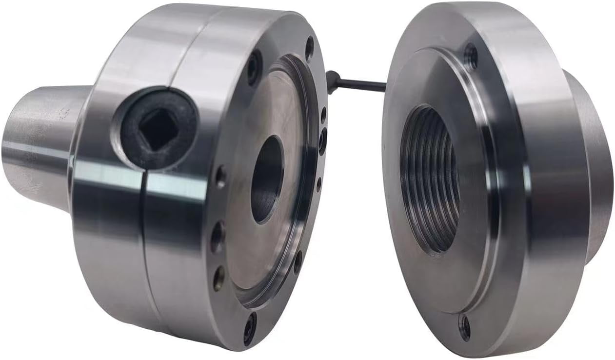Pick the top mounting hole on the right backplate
(x=471, y=57)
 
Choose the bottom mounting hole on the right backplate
(x=464, y=326)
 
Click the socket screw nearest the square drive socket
(x=254, y=68)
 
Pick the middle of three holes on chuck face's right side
(x=322, y=141)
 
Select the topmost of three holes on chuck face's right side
(x=323, y=115)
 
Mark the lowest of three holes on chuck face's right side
(x=319, y=184)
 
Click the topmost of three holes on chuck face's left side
(x=221, y=177)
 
